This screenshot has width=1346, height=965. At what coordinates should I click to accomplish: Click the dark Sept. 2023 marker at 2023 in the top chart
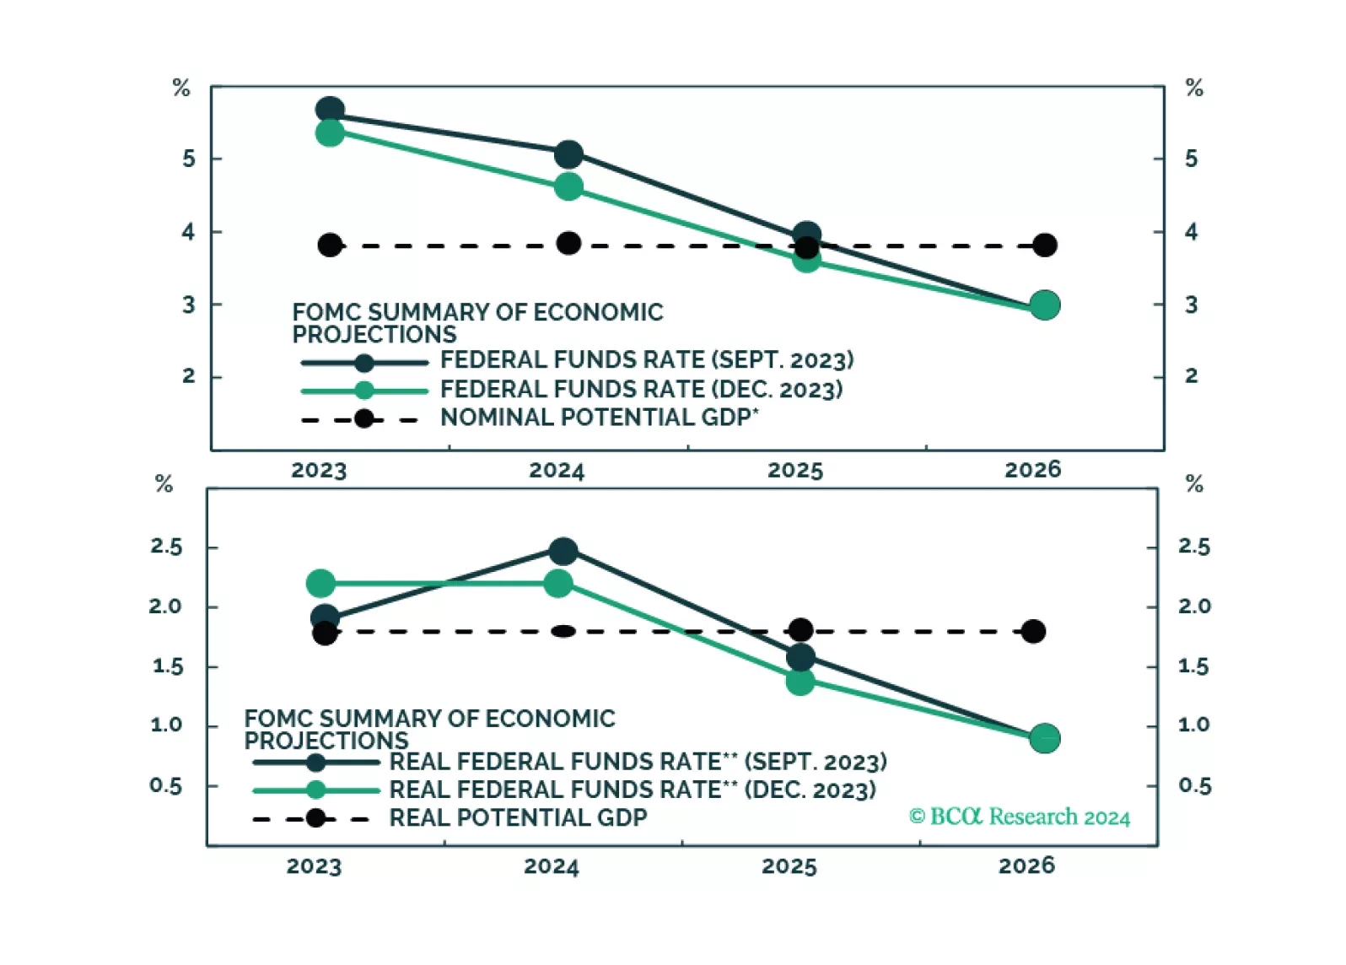click(330, 110)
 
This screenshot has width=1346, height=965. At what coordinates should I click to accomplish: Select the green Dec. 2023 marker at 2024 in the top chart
click(568, 186)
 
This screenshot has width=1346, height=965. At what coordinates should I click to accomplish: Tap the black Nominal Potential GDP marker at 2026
click(1044, 245)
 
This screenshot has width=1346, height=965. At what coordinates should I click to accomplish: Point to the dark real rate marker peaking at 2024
click(563, 552)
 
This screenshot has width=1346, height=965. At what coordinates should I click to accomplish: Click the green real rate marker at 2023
click(320, 583)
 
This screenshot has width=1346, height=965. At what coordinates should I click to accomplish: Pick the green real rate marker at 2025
click(800, 682)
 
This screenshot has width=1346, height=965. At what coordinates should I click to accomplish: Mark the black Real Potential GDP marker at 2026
click(1033, 631)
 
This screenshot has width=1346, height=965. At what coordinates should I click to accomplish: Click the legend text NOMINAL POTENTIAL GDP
click(599, 418)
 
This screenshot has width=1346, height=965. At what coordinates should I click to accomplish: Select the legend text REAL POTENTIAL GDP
click(518, 817)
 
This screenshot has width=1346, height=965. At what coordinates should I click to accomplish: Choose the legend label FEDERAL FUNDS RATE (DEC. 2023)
click(641, 390)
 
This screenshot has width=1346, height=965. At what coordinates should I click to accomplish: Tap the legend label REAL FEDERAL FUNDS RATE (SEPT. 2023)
click(638, 762)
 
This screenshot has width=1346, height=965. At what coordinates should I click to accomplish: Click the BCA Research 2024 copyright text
click(1019, 817)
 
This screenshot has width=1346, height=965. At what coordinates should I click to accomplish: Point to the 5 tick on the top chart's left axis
click(188, 159)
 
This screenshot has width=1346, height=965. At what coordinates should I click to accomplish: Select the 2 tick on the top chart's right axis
click(1191, 376)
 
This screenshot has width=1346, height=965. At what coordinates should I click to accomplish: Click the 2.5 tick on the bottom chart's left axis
click(166, 547)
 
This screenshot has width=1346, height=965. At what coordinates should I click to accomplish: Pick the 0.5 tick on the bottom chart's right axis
click(1194, 786)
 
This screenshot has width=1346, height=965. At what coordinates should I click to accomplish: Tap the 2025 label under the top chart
click(794, 470)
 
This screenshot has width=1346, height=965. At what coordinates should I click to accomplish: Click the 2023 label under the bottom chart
click(314, 866)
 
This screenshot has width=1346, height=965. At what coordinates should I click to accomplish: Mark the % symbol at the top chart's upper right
click(1194, 88)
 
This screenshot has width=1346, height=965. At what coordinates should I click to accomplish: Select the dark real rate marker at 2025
click(800, 657)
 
